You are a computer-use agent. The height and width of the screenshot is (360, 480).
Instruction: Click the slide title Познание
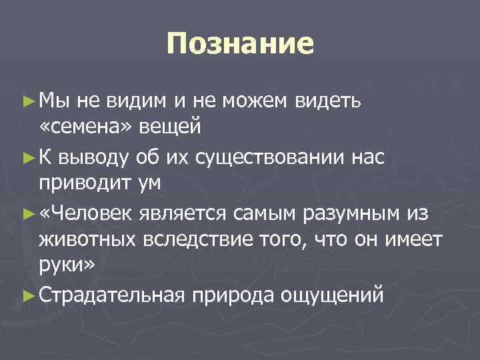pos(240,45)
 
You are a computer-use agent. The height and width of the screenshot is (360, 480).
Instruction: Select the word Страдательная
pos(110,294)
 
